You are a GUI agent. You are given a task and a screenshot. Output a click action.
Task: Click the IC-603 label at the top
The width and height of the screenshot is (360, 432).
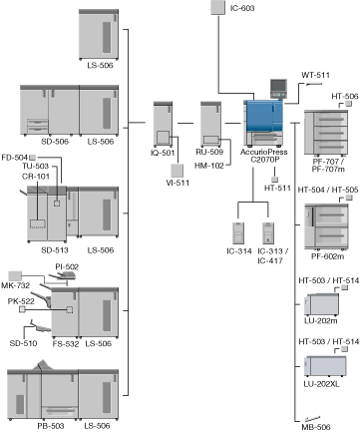click(242, 8)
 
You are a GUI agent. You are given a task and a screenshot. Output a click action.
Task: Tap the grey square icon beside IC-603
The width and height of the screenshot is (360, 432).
click(218, 7)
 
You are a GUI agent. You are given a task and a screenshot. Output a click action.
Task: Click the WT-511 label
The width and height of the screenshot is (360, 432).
click(315, 75)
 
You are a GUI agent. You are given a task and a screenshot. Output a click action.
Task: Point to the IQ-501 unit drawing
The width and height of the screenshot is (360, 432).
click(163, 124)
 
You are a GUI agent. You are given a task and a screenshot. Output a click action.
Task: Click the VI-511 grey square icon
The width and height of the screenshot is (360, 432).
click(178, 171)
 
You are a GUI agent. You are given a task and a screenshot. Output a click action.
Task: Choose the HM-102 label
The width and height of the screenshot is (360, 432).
click(209, 166)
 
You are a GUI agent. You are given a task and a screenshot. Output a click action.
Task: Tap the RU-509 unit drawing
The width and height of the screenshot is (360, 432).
click(210, 124)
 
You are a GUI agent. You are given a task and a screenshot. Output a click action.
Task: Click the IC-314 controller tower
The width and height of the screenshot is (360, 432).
click(238, 233)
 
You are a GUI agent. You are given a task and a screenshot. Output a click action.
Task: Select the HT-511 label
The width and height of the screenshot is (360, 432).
click(277, 189)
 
